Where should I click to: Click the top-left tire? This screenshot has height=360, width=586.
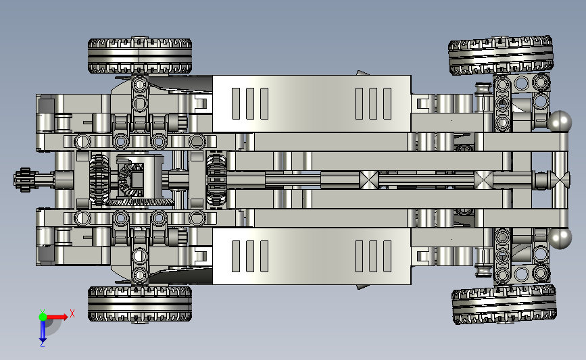pyautogui.click(x=140, y=55)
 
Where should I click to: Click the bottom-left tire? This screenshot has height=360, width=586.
pyautogui.click(x=140, y=304)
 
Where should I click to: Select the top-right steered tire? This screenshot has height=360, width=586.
pyautogui.click(x=501, y=55)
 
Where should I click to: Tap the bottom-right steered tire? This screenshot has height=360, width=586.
pyautogui.click(x=504, y=305)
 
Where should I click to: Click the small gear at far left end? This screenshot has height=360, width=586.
pyautogui.click(x=23, y=180)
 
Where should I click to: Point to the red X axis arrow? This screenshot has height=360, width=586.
pyautogui.click(x=56, y=317)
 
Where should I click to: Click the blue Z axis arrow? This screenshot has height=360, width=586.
pyautogui.click(x=43, y=330)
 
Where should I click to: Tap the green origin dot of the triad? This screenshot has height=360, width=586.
pyautogui.click(x=43, y=317)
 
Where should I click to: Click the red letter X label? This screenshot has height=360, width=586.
pyautogui.click(x=72, y=313)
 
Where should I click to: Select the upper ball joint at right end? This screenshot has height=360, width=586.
pyautogui.click(x=560, y=121)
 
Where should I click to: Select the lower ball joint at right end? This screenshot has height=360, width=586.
pyautogui.click(x=560, y=238)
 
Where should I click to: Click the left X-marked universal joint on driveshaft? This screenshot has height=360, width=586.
pyautogui.click(x=368, y=180)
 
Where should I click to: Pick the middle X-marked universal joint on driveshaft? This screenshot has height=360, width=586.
pyautogui.click(x=483, y=180)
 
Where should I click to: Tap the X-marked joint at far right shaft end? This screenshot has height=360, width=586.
pyautogui.click(x=560, y=180)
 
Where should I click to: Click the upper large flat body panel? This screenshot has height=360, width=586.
pyautogui.click(x=312, y=104)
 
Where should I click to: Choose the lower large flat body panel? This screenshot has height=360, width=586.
pyautogui.click(x=312, y=256)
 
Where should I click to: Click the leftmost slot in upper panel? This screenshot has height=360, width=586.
pyautogui.click(x=236, y=104)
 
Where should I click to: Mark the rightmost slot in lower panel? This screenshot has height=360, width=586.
pyautogui.click(x=387, y=256)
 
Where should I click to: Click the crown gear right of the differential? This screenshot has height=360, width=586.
pyautogui.click(x=216, y=180)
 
